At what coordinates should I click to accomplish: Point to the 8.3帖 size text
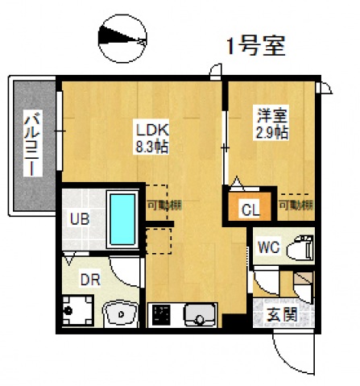(x=151, y=147)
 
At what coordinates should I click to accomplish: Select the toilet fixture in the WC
(x=301, y=246)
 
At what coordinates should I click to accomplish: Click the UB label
(x=79, y=218)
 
